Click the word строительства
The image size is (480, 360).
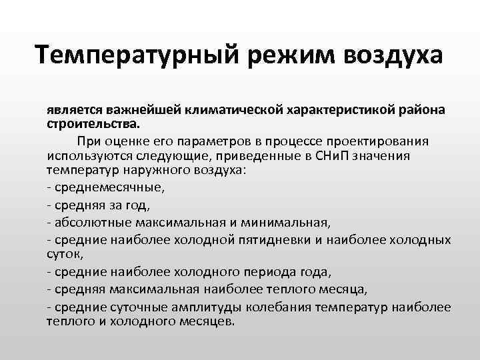point(93,123)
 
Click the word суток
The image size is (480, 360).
point(63,254)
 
